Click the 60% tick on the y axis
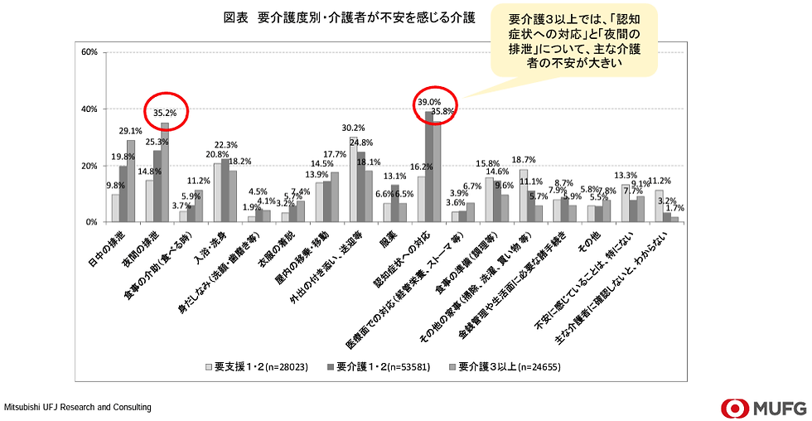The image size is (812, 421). [x=89, y=52]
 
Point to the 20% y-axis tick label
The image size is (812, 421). [x=89, y=166]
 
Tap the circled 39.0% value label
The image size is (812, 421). [x=428, y=102]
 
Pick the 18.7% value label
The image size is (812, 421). [x=524, y=160]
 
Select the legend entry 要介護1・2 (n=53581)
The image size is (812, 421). [x=386, y=365]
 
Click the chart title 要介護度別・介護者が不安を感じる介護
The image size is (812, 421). [x=348, y=17]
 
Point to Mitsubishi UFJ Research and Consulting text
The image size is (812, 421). [x=78, y=408]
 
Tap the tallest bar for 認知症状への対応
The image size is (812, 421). [x=429, y=167]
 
